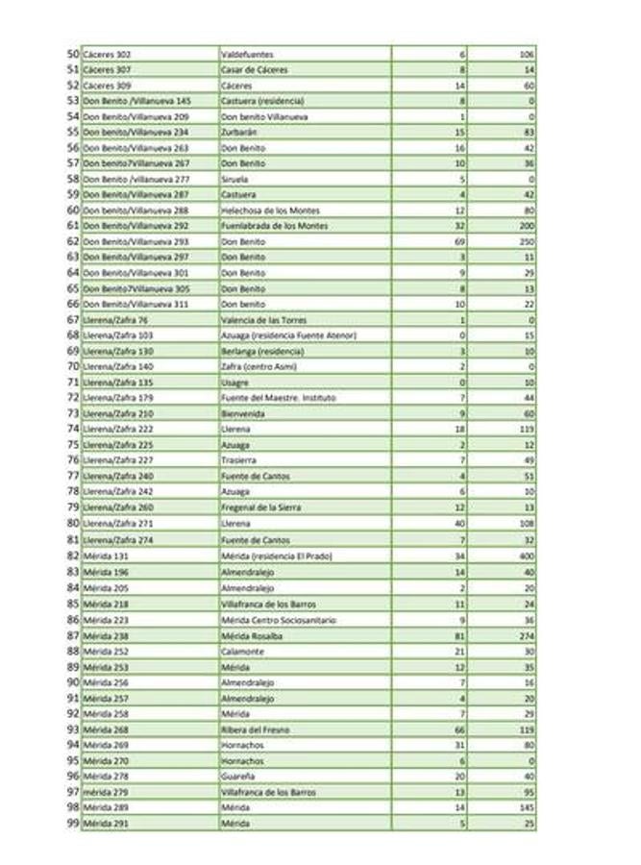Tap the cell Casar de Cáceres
[x=254, y=70]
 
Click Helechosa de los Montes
[x=266, y=210]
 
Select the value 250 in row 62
[x=527, y=241]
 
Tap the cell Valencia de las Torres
[x=262, y=320]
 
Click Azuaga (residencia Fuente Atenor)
[x=288, y=335]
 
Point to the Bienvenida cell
[x=241, y=413]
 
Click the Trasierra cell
[x=238, y=460]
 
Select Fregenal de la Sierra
[x=260, y=507]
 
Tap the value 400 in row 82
[x=527, y=556]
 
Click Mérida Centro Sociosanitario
[x=278, y=620]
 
